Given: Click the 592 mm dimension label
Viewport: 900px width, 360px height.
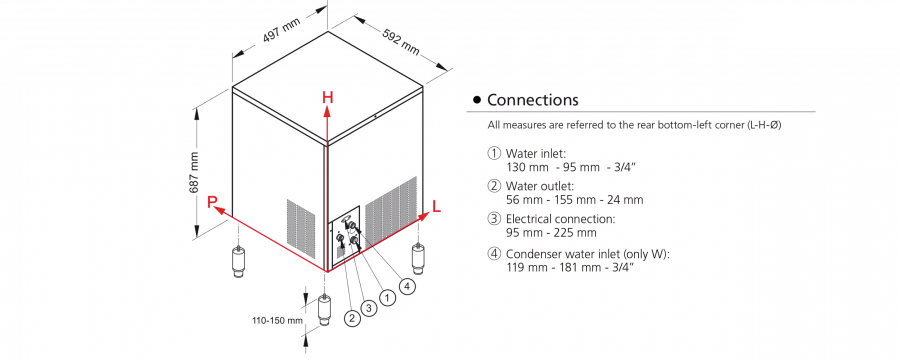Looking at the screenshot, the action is [401, 41].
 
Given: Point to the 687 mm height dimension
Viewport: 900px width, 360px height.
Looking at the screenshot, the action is [195, 172].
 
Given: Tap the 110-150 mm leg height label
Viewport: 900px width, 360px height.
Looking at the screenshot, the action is [277, 321].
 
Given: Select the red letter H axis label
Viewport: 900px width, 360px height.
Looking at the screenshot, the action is [327, 98].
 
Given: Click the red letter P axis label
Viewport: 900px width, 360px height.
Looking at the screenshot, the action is [212, 202].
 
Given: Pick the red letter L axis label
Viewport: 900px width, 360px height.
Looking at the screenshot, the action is [437, 207].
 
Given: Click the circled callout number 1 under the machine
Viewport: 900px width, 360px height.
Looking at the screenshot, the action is [389, 297].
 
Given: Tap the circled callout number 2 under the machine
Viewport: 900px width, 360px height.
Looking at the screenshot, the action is [352, 318].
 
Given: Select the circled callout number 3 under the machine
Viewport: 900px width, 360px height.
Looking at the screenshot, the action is [369, 308].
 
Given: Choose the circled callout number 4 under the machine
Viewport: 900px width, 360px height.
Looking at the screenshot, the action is [407, 287].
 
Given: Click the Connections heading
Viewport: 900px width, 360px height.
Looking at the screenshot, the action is [533, 100].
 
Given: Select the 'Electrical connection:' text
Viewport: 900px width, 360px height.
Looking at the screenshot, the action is [560, 219].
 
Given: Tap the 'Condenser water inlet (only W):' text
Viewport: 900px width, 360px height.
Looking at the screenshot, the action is [587, 254].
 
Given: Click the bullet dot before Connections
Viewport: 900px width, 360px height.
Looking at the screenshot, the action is [476, 100].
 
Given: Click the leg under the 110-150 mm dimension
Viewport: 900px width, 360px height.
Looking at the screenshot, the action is [326, 311].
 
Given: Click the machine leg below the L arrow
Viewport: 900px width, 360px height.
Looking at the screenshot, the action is [420, 258].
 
